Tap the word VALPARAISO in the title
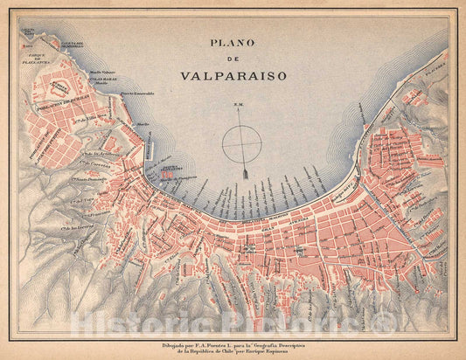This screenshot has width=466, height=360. coord(233,76)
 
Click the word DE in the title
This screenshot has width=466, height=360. coord(233,59)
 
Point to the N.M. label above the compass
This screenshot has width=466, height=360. coord(237,107)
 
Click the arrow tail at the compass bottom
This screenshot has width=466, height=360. coord(246,176)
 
